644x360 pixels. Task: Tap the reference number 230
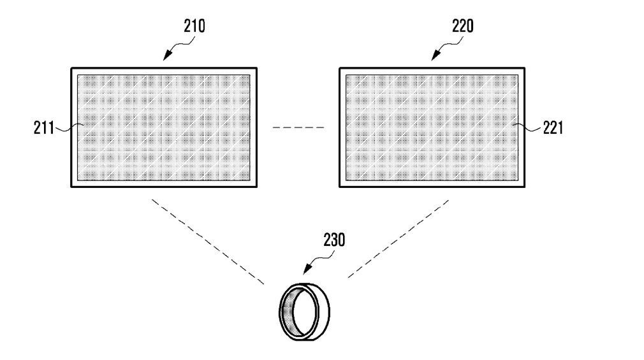[333, 240]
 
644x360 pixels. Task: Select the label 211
[45, 128]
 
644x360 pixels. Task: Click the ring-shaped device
[305, 312]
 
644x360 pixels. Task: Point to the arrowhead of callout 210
[165, 58]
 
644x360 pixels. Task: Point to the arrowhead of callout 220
[434, 58]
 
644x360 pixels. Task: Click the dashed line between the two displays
[298, 128]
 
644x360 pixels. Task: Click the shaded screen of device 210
[163, 127]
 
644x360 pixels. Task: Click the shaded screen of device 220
[432, 127]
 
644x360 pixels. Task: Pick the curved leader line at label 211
[68, 129]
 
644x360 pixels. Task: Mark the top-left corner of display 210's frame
[71, 68]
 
